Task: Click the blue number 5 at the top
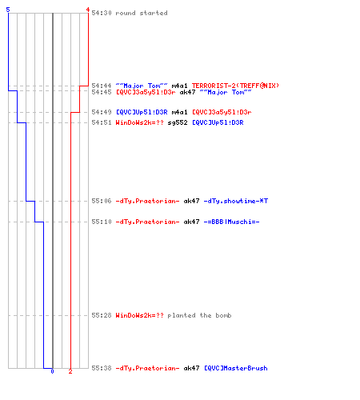coord(8,10)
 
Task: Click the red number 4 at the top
coord(88,10)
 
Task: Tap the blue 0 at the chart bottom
coord(52,371)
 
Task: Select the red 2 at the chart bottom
coord(70,371)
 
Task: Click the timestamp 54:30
coord(102,13)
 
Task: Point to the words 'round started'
coord(142,13)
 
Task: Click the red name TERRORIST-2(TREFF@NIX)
coord(235,86)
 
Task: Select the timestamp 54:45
coord(102,92)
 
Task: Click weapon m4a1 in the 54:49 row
coord(179,112)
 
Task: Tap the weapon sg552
coord(178,122)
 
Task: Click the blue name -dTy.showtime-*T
coord(236,201)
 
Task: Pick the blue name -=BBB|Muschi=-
coord(231,222)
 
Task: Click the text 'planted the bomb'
coord(199,315)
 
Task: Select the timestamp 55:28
coord(102,315)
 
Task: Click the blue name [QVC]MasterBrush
coord(236,368)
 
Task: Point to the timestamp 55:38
coord(102,368)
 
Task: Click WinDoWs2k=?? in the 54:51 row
coord(140,122)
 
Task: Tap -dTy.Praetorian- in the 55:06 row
coord(147,201)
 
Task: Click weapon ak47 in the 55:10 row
coord(191,222)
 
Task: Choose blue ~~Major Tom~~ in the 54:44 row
coord(142,86)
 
